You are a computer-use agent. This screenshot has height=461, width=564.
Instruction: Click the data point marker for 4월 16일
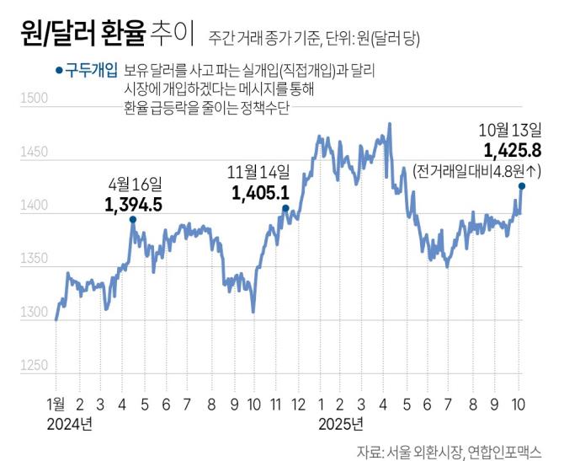pyautogui.click(x=132, y=219)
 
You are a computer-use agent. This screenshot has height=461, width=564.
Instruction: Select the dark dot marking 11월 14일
pyautogui.click(x=285, y=208)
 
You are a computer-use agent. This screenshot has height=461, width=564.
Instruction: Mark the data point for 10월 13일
pyautogui.click(x=522, y=186)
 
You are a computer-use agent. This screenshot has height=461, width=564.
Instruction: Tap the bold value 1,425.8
pyautogui.click(x=513, y=152)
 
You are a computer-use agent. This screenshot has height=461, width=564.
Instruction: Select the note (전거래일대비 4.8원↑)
pyautogui.click(x=477, y=170)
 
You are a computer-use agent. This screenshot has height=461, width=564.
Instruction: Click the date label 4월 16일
pyautogui.click(x=135, y=182)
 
